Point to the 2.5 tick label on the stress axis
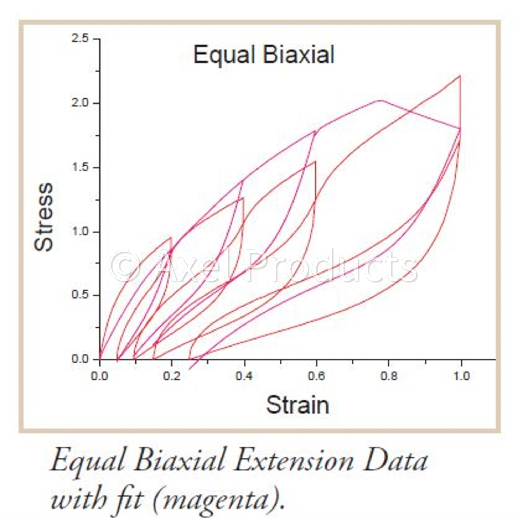[80, 38]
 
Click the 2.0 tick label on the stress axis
[80, 103]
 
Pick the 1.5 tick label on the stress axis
[80, 167]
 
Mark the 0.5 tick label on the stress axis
[80, 295]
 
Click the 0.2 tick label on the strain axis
[172, 376]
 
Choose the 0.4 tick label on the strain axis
[244, 376]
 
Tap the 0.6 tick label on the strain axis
[316, 376]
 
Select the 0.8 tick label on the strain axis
[389, 376]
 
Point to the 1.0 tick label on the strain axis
[461, 376]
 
